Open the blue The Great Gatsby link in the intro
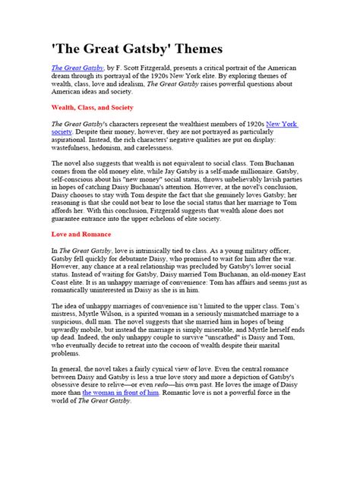(76, 68)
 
